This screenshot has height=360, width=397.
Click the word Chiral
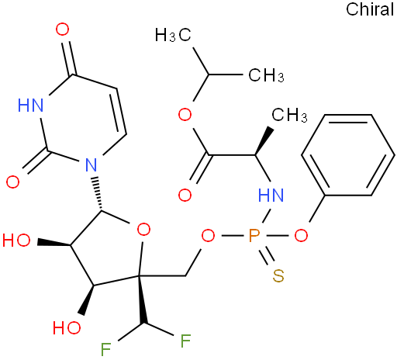[x=370, y=9]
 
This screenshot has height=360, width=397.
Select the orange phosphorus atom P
[x=254, y=236]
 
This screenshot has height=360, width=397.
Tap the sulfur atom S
[x=278, y=275]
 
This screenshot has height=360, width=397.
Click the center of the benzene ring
[x=348, y=155]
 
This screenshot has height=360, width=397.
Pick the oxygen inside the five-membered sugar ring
[x=143, y=230]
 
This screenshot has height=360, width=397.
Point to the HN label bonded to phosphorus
[x=271, y=195]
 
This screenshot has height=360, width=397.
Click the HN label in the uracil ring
[x=30, y=106]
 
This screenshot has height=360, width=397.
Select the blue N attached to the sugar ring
[x=91, y=164]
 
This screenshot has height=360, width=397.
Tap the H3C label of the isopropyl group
[x=173, y=35]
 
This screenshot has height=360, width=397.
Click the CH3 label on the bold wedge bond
[x=289, y=115]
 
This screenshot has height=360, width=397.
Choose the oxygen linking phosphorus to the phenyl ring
[x=301, y=236]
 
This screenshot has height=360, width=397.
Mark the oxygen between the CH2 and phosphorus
[x=208, y=236]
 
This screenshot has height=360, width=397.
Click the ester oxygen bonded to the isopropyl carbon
[x=185, y=115]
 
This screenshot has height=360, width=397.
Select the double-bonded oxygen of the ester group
[x=185, y=195]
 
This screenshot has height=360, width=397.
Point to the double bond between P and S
[x=266, y=256]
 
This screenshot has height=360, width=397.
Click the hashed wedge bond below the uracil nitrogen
[x=98, y=194]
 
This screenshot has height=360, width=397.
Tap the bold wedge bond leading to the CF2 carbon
[x=142, y=300]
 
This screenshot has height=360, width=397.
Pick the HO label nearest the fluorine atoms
[x=67, y=327]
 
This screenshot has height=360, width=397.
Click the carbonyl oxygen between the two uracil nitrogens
[x=12, y=182]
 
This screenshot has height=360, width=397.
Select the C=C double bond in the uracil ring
[x=119, y=112]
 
